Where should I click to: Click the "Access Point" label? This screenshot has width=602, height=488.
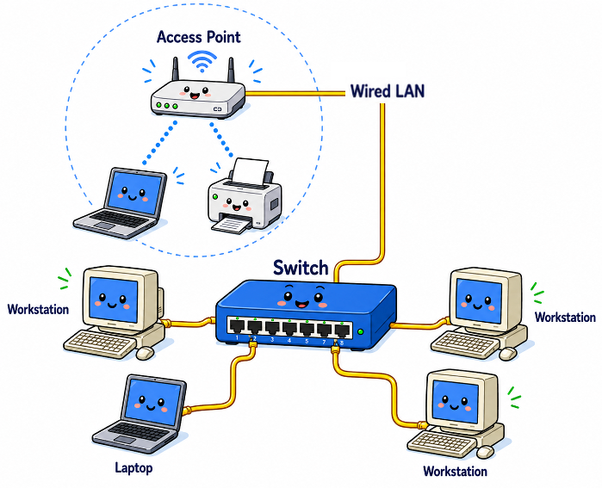pos(198,37)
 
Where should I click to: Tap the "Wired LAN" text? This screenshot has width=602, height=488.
pos(387,91)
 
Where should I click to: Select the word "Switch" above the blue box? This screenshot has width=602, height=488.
pos(301,268)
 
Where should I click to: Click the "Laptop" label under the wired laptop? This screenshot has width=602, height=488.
pos(133,468)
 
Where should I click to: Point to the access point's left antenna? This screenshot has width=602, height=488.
pos(174,70)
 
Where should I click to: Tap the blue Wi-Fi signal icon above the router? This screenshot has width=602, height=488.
pos(203,62)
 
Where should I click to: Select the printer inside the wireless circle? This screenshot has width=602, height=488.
pos(244,201)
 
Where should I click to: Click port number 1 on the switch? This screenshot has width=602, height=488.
pos(235,327)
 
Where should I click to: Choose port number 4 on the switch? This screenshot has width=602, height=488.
pos(289,328)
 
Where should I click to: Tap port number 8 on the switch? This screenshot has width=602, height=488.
pos(343,329)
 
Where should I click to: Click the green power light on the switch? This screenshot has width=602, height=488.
pos(361,331)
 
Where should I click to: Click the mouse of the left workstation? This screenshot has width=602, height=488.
pos(145,352)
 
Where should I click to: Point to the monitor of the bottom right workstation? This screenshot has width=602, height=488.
pos(456,398)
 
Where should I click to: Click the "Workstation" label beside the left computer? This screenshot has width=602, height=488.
pos(38,309)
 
